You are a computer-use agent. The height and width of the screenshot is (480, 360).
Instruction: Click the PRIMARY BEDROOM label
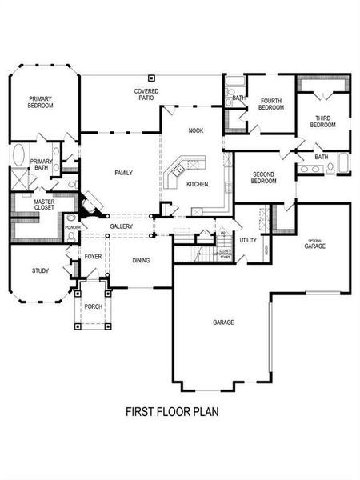pyautogui.click(x=41, y=102)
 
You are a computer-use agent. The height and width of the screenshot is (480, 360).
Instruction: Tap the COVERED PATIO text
pyautogui.click(x=146, y=95)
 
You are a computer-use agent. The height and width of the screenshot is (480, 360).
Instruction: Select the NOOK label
pyautogui.click(x=195, y=130)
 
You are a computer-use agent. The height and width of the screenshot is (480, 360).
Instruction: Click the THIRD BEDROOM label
pyautogui.click(x=322, y=121)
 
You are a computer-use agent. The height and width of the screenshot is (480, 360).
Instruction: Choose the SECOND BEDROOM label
pyautogui.click(x=264, y=177)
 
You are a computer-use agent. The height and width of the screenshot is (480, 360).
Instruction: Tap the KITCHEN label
pyautogui.click(x=198, y=184)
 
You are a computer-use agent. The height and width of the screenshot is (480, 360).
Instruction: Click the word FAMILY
pyautogui.click(x=123, y=173)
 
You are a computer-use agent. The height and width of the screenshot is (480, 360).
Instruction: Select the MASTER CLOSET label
pyautogui.click(x=33, y=205)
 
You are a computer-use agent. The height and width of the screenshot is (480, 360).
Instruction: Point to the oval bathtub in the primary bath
pyautogui.click(x=18, y=155)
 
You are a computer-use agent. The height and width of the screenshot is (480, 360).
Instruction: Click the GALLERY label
pyautogui.click(x=121, y=226)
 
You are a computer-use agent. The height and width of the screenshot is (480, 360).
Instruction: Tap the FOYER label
pyautogui.click(x=94, y=258)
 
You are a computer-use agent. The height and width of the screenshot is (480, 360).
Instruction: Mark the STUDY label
pyautogui.click(x=40, y=270)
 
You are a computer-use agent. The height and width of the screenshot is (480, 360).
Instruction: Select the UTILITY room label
pyautogui.click(x=248, y=240)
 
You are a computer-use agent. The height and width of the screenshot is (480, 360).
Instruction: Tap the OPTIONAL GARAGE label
pyautogui.click(x=314, y=244)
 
